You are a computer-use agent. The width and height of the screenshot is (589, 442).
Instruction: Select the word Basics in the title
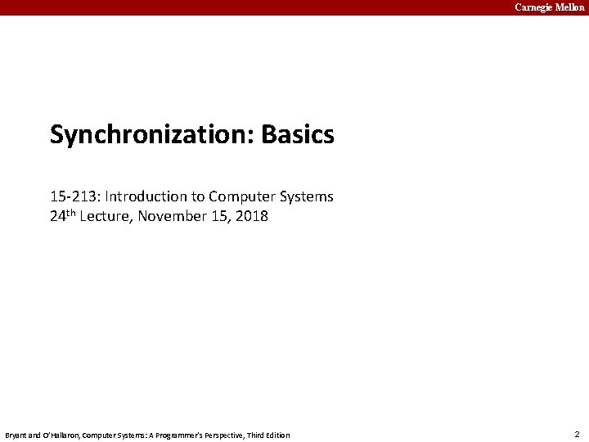click(298, 135)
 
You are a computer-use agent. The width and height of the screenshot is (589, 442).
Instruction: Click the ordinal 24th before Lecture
click(65, 217)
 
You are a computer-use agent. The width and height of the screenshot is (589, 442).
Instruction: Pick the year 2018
click(252, 218)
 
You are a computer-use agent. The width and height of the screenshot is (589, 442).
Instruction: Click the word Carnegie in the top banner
click(533, 7)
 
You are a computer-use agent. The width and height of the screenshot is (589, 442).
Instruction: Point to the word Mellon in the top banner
click(569, 7)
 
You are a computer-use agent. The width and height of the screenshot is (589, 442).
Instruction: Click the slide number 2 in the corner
click(577, 434)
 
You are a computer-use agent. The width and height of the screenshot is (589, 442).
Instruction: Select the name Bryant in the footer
click(16, 435)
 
